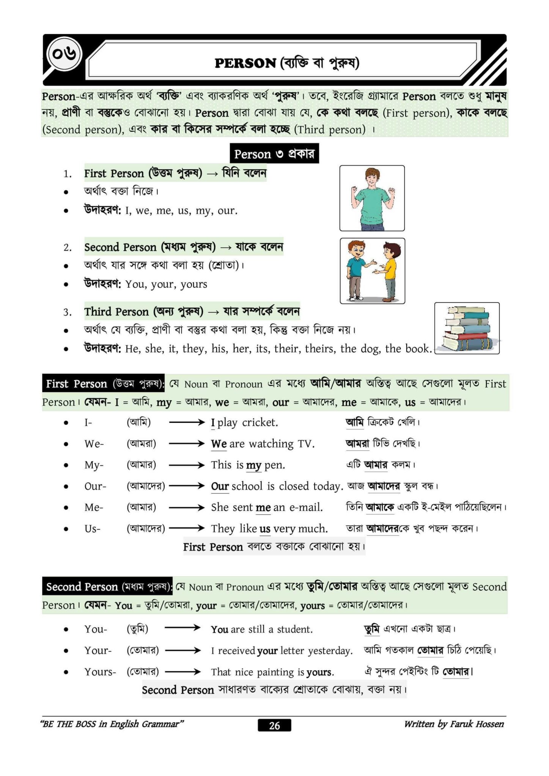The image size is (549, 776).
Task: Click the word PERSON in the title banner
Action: [x=245, y=63]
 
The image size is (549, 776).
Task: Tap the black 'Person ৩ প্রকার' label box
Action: [x=274, y=154]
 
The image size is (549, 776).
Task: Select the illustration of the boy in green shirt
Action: [x=372, y=198]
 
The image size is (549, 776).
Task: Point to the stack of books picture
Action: [x=467, y=328]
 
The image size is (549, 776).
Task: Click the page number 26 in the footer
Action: [x=274, y=725]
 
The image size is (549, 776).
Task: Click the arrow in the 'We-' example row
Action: [x=187, y=444]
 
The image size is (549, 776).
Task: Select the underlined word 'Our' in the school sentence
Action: [x=220, y=486]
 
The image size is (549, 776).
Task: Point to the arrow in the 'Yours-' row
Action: [x=183, y=672]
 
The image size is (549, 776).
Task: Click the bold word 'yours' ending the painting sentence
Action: [x=320, y=672]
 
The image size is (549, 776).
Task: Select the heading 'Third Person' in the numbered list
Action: [x=116, y=311]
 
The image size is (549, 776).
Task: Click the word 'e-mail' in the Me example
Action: [x=306, y=507]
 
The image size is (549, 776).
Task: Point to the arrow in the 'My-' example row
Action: [x=187, y=465]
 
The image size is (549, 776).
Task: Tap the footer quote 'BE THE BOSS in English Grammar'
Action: [x=112, y=724]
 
